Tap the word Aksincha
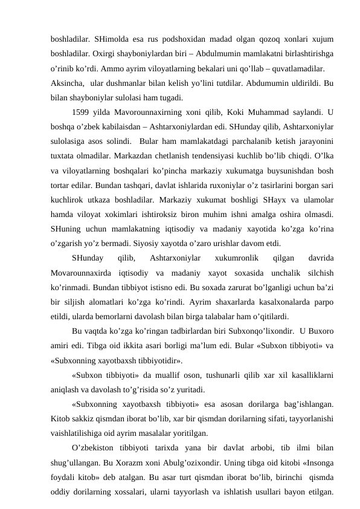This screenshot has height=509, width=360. tap(67, 82)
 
